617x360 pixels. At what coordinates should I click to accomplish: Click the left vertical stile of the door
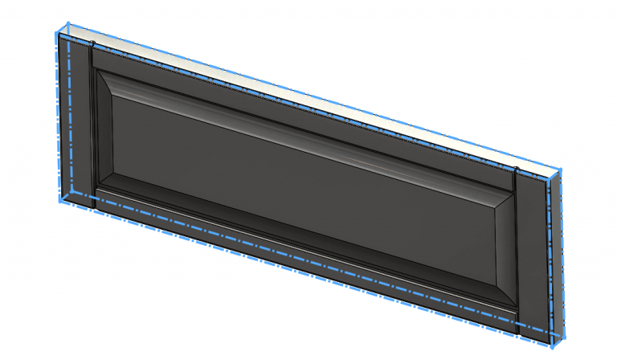coord(74,121)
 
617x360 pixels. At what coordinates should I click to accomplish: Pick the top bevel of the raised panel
coord(305,121)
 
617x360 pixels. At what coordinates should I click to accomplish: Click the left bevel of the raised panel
coord(103,129)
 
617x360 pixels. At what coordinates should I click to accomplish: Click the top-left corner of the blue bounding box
coord(55,31)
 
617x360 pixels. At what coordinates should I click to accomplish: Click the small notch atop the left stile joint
coord(93,43)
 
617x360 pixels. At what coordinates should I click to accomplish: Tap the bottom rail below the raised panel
coord(305,257)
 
